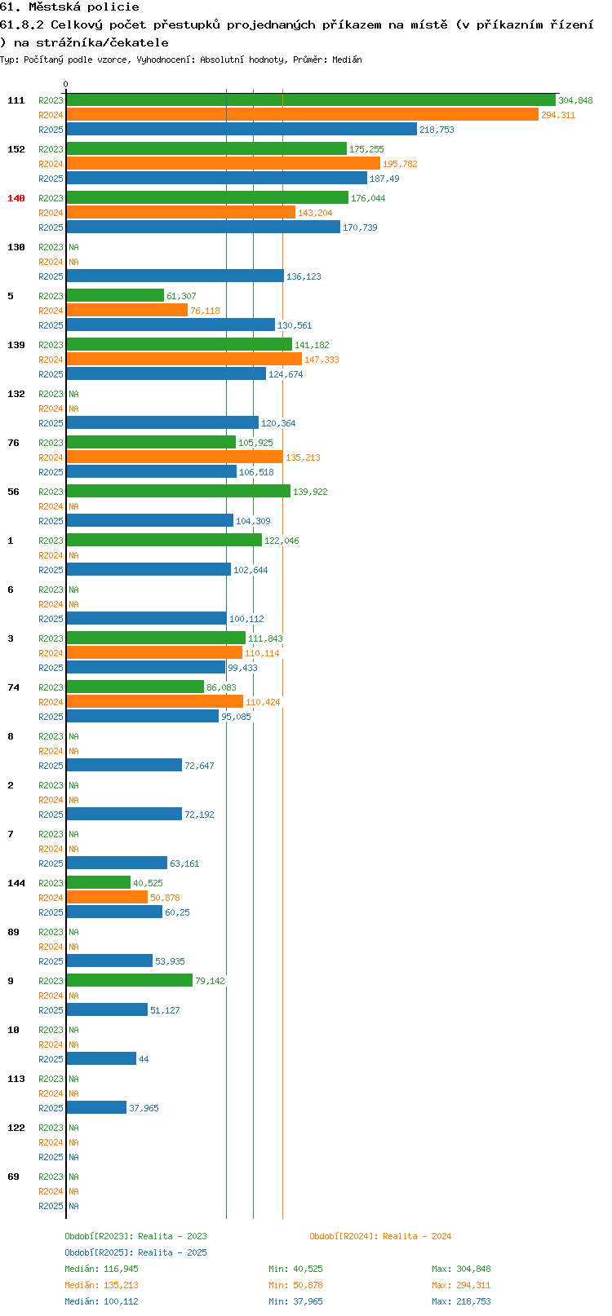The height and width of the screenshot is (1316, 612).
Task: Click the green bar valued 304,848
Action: click(311, 99)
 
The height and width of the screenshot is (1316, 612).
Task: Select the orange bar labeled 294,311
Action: click(302, 115)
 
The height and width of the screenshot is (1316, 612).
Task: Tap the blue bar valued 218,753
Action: click(242, 130)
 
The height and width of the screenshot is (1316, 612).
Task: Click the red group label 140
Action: click(16, 198)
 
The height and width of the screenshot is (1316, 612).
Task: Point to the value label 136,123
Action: click(304, 276)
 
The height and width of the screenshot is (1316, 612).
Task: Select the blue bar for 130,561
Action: click(171, 325)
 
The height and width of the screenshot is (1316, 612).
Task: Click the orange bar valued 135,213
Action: click(175, 457)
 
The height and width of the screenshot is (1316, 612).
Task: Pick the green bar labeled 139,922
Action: click(178, 491)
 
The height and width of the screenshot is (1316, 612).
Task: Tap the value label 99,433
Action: click(243, 668)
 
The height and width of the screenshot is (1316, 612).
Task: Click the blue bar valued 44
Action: click(101, 1058)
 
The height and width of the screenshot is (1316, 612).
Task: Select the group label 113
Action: click(16, 1079)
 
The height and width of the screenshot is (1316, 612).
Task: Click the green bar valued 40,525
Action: click(98, 882)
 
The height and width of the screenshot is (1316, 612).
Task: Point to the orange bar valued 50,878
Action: click(107, 897)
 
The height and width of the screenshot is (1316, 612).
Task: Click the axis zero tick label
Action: click(65, 84)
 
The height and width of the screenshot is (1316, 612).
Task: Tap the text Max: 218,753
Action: click(462, 1301)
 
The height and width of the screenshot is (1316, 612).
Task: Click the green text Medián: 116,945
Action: click(102, 1269)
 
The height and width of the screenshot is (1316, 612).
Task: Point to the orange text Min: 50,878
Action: click(295, 1286)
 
